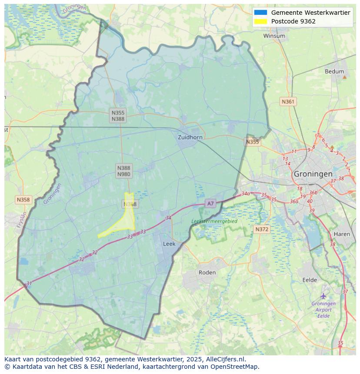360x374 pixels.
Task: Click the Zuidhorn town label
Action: click(x=190, y=137)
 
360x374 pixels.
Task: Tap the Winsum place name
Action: click(x=274, y=36)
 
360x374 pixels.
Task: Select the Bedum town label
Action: click(x=334, y=72)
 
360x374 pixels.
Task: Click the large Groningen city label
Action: click(x=313, y=174)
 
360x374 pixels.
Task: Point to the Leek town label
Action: click(x=169, y=244)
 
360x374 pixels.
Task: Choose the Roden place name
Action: click(x=207, y=272)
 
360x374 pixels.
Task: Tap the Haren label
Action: click(x=342, y=234)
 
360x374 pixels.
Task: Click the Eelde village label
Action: click(x=310, y=280)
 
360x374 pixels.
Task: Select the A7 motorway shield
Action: click(x=210, y=203)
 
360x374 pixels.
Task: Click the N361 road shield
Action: click(x=288, y=102)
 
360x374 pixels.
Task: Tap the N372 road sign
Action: click(x=262, y=229)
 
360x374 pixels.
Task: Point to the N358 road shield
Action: click(x=23, y=200)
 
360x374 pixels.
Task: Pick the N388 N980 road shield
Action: click(x=123, y=171)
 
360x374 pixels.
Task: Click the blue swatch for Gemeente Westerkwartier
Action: click(x=261, y=13)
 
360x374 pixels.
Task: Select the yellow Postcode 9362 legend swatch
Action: click(x=261, y=21)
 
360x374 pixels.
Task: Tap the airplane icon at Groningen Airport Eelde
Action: click(x=323, y=296)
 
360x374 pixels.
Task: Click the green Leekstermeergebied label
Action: click(x=214, y=221)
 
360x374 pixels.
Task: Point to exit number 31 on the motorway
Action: click(x=29, y=284)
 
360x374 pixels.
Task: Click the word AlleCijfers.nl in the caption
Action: click(x=226, y=359)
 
